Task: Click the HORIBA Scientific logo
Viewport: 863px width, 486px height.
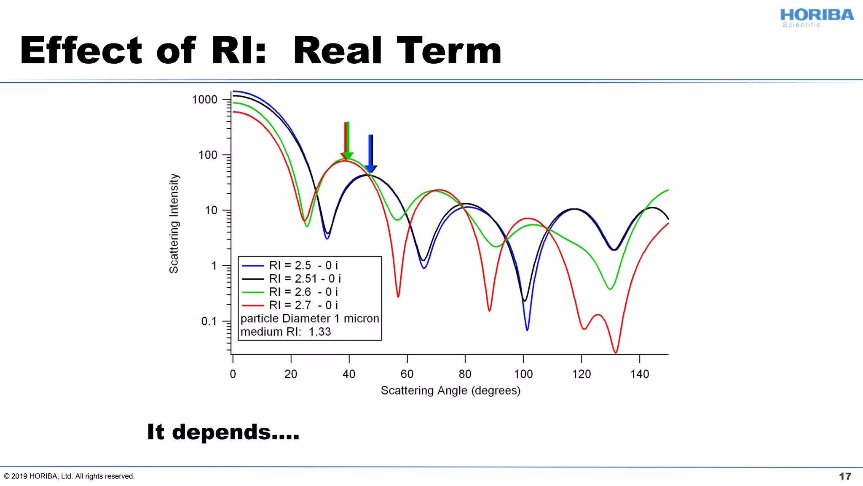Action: click(816, 18)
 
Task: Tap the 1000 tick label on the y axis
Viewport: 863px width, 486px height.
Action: click(204, 100)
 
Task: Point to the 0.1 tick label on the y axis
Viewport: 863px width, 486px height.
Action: click(209, 321)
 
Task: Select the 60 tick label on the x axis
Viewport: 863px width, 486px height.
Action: click(407, 374)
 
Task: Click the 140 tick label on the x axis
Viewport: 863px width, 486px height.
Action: click(639, 374)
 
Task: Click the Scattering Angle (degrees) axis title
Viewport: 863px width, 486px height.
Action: click(450, 391)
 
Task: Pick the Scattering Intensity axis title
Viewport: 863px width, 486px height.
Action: click(174, 223)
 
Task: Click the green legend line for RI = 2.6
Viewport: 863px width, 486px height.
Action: click(253, 292)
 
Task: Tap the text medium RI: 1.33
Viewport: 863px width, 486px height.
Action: click(285, 332)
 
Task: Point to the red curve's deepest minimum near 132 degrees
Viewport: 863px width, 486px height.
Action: click(616, 351)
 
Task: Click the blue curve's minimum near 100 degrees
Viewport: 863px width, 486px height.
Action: click(527, 329)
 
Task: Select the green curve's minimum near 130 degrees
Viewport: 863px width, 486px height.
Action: click(610, 289)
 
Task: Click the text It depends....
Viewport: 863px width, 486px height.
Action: click(223, 432)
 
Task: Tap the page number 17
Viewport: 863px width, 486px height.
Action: click(844, 476)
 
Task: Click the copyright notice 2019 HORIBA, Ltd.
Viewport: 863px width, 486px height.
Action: click(70, 476)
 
